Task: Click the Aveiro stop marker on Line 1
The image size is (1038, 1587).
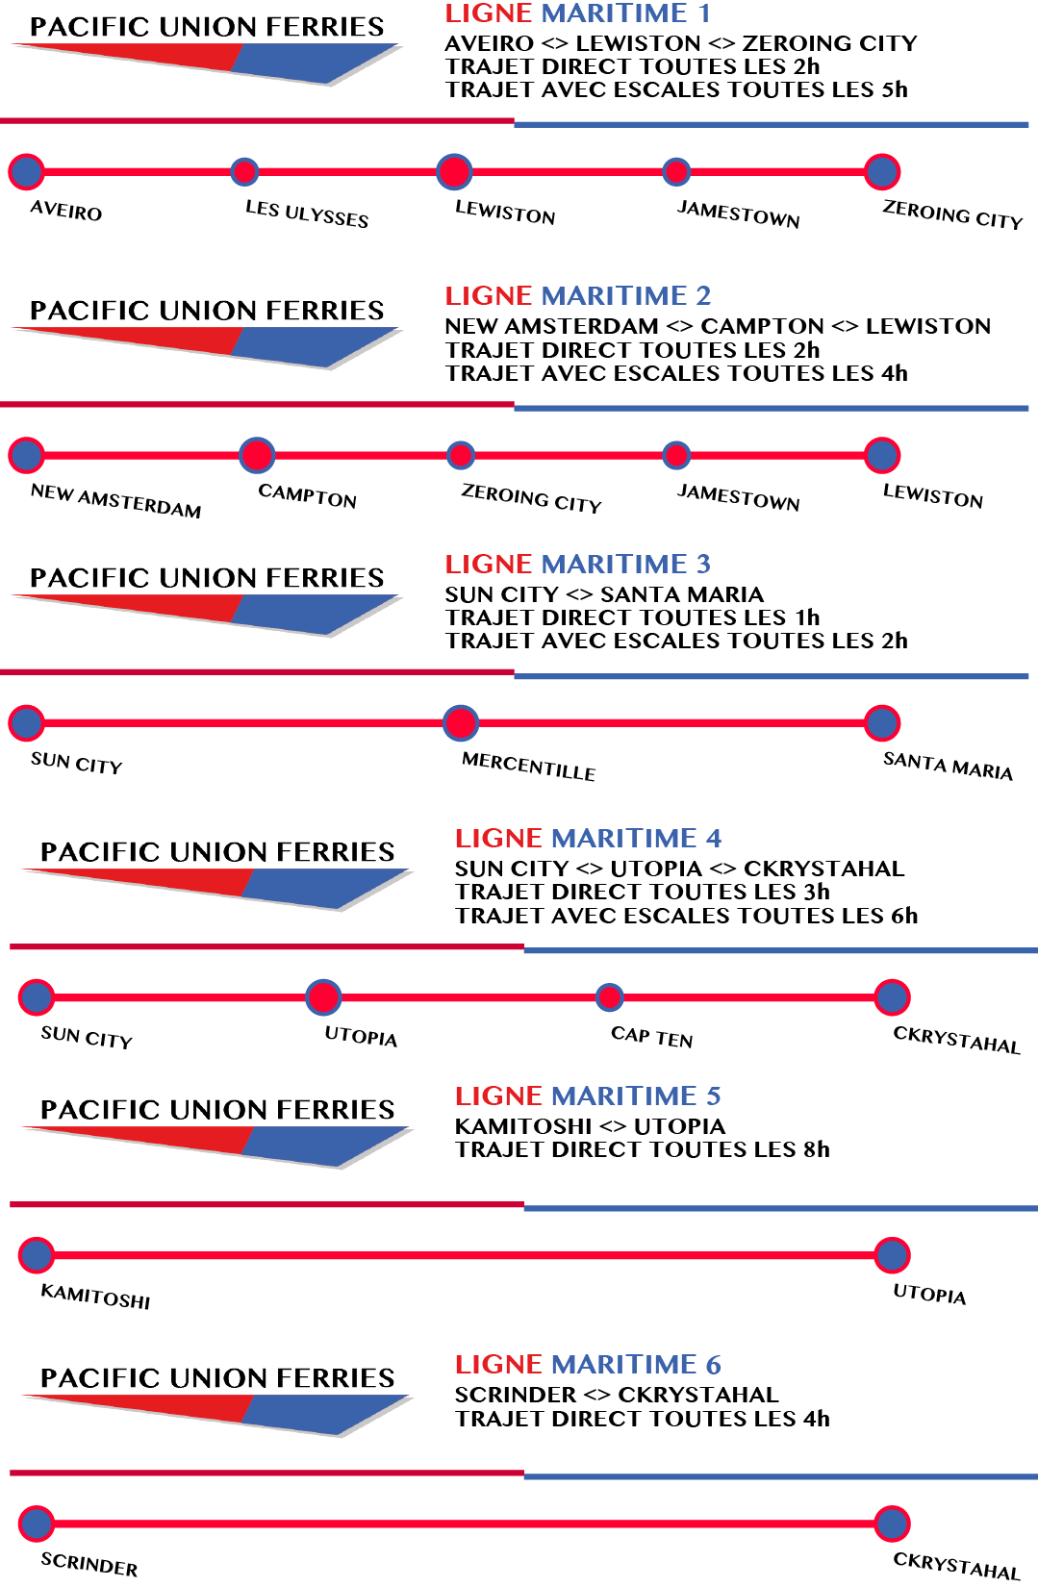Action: coord(26,172)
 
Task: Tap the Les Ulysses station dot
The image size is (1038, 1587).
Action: coord(245,172)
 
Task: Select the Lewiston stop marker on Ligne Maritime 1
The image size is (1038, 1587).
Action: coord(454,172)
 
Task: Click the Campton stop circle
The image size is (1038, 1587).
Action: coord(257,455)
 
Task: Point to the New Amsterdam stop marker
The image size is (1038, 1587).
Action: coord(26,455)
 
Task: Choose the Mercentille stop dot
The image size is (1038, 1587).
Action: coord(461,722)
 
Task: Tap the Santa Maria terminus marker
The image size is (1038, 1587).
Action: coord(882,722)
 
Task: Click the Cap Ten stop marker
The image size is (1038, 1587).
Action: coord(609,997)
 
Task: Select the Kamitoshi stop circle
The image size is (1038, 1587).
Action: coord(37,1255)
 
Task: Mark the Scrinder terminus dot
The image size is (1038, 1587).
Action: coord(37,1524)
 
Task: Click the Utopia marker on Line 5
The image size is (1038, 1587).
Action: coord(893,1255)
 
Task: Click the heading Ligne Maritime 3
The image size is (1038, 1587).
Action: coord(577,564)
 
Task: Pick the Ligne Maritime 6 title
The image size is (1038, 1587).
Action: coord(588,1364)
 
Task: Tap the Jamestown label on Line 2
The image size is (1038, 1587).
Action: coord(738,497)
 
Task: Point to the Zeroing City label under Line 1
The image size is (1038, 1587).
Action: coord(952,214)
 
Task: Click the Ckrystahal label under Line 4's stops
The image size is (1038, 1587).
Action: coord(956,1040)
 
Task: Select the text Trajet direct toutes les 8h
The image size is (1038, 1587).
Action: coord(642,1149)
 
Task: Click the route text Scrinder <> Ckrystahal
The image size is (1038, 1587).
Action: coord(616,1395)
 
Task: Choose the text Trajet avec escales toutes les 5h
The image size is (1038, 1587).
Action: coord(675,89)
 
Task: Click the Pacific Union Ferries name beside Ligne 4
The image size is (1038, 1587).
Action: coord(217,851)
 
